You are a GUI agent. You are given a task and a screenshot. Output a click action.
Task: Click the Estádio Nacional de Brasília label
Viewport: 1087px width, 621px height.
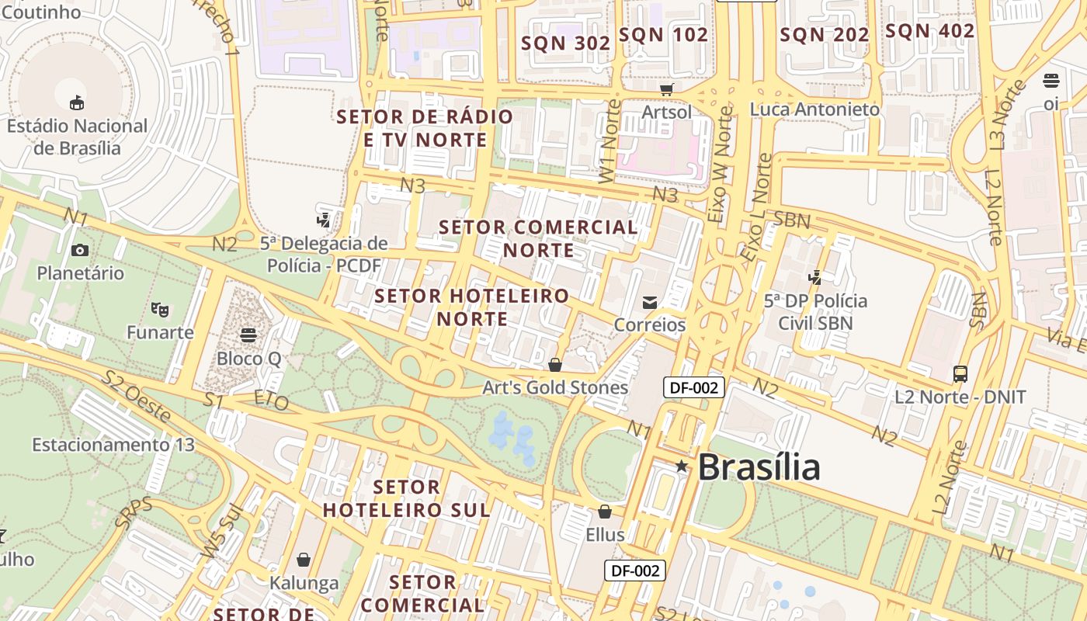(77, 137)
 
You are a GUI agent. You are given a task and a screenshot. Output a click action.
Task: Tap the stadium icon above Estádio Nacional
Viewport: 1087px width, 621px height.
(77, 102)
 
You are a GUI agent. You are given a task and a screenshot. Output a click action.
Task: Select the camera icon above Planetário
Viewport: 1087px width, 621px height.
(79, 250)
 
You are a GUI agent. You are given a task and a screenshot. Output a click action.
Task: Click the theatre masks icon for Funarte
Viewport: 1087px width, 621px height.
(161, 309)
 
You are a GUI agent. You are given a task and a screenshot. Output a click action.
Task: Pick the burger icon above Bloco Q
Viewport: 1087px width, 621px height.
(248, 335)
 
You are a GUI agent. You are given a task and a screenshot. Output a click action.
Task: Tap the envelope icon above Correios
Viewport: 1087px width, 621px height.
(649, 302)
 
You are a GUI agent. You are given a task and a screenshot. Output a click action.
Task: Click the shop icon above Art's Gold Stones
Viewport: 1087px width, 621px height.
(555, 364)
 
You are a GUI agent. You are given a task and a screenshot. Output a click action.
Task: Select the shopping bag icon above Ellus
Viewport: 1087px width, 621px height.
(605, 512)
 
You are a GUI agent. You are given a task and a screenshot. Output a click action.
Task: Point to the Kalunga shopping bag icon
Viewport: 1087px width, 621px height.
(304, 560)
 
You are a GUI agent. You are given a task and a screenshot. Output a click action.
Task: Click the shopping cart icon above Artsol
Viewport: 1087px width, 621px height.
(666, 89)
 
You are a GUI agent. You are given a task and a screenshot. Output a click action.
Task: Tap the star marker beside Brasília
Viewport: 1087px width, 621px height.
(682, 467)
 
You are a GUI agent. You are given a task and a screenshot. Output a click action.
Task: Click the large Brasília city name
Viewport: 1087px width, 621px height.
(759, 467)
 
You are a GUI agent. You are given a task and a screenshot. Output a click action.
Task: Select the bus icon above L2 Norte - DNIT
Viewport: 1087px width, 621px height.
(960, 374)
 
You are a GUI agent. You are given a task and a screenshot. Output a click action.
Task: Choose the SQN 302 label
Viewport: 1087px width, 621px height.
(566, 43)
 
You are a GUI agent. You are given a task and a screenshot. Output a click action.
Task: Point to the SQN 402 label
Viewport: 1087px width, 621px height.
(930, 31)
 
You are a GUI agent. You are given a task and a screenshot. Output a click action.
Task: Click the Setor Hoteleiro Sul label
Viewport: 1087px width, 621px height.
(407, 498)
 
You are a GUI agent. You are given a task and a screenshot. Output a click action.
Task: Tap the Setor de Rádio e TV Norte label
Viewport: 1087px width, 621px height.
(425, 128)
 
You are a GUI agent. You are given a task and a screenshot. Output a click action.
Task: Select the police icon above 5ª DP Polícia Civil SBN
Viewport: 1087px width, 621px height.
(815, 277)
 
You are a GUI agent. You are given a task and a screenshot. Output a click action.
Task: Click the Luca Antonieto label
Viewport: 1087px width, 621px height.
(814, 109)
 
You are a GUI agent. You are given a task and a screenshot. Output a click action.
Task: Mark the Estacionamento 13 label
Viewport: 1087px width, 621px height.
(113, 445)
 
